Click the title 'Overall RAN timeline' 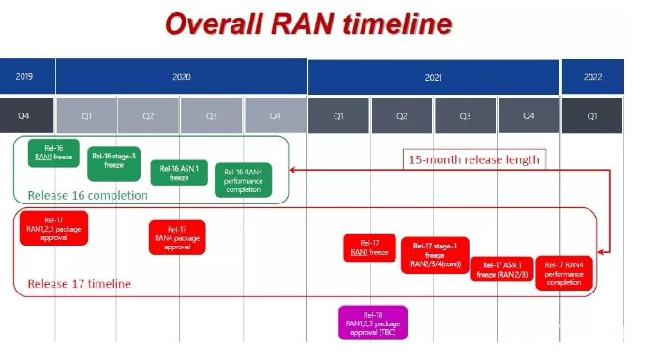point(307,22)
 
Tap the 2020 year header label point(181,75)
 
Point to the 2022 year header point(592,75)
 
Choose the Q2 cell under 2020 point(149,115)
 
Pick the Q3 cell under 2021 point(466,115)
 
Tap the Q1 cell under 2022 point(592,115)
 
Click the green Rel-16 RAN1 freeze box point(53,153)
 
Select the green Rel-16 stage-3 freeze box point(113,163)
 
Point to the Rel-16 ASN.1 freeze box point(178,172)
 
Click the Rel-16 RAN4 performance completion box point(243,181)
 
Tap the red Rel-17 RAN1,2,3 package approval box point(53,228)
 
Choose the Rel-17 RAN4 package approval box point(176,237)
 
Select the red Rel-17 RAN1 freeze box point(369,247)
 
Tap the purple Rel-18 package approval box point(372,322)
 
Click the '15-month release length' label point(473,159)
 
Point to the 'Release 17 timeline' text point(80,283)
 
